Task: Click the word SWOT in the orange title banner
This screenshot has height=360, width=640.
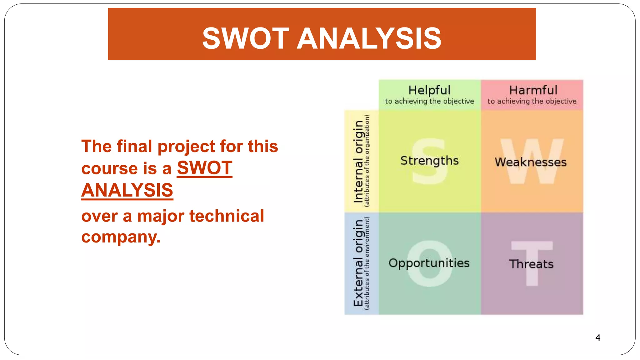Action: tap(246, 38)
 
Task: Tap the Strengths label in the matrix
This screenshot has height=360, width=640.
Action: tap(429, 161)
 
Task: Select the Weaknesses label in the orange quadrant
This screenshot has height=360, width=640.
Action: tap(530, 162)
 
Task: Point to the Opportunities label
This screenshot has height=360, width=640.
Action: tap(429, 263)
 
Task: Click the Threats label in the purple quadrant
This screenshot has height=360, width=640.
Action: tap(531, 264)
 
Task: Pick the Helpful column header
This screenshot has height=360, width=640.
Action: tap(429, 90)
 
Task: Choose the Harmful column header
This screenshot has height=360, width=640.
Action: tap(533, 90)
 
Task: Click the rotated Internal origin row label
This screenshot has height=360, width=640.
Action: tap(358, 161)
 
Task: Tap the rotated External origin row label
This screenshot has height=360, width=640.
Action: tap(358, 263)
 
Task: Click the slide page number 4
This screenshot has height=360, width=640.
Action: tap(597, 338)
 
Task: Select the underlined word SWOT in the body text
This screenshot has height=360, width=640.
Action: tap(204, 168)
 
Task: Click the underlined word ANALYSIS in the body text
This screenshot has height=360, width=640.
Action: tap(127, 190)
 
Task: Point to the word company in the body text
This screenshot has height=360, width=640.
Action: tap(121, 237)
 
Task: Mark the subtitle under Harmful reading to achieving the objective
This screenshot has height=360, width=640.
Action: tap(532, 101)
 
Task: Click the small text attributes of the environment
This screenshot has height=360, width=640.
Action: tap(367, 263)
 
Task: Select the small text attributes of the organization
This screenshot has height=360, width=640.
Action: tap(367, 161)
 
